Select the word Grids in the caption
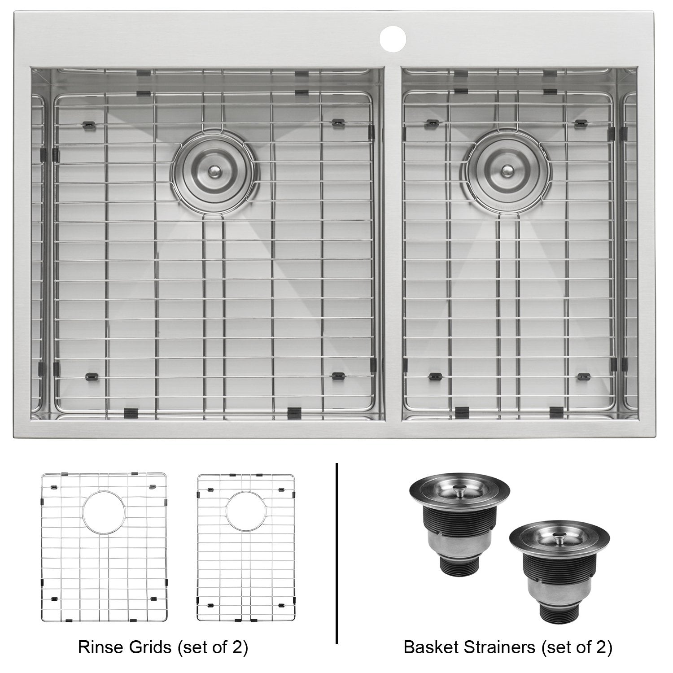146,647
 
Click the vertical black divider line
336,561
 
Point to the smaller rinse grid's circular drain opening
245,512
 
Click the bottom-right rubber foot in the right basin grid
583,376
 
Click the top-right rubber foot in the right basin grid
582,122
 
